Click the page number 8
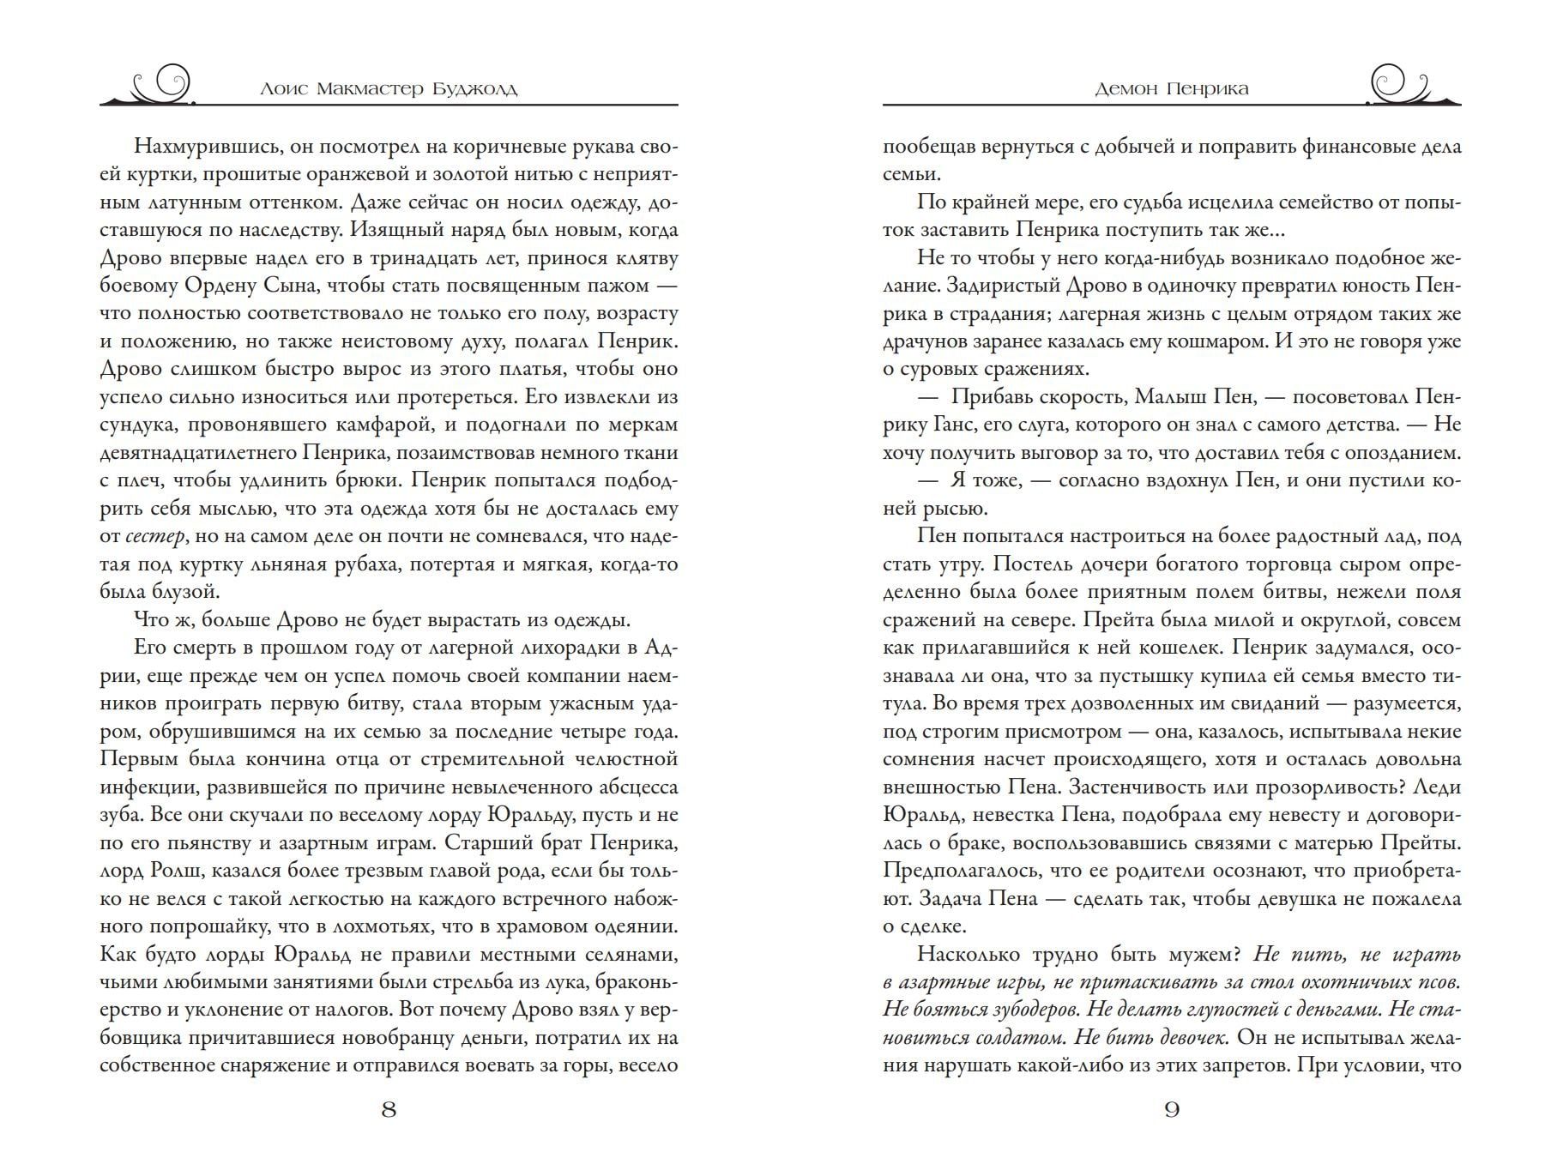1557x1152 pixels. point(389,1110)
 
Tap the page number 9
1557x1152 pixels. point(1172,1110)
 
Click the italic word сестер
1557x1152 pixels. point(154,537)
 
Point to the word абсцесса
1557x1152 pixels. point(635,787)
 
